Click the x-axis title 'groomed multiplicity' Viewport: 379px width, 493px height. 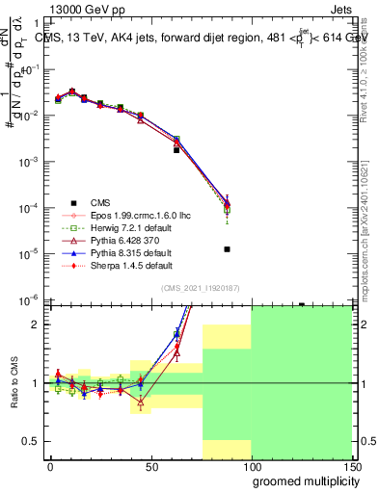(296, 482)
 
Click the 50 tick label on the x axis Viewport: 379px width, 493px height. (151, 466)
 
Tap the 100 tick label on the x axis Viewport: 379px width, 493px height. (252, 466)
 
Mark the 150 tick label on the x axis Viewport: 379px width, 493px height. (351, 466)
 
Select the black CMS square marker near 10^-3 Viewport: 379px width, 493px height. (176, 150)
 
